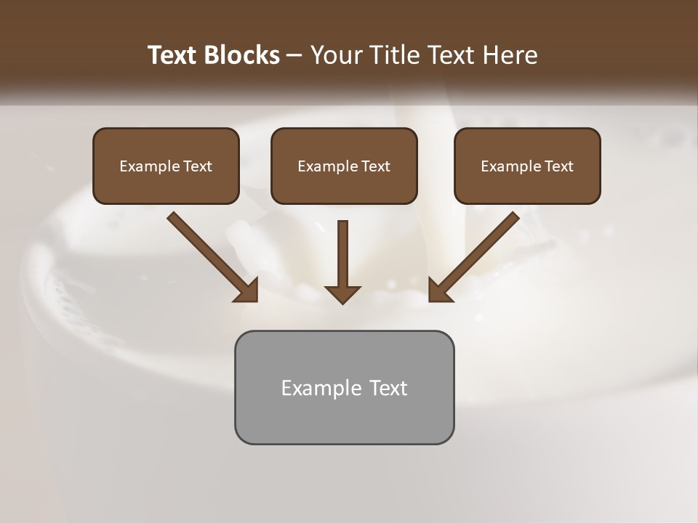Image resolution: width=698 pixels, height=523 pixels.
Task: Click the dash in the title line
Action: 294,56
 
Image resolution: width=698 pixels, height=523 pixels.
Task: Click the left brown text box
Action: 166,166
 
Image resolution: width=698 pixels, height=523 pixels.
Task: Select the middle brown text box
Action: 344,166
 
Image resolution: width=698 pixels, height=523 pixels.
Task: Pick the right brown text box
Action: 527,166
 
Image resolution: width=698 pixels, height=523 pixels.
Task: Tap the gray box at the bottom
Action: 344,387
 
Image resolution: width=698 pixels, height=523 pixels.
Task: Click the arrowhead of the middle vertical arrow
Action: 342,293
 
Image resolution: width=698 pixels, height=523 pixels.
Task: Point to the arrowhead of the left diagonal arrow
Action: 247,291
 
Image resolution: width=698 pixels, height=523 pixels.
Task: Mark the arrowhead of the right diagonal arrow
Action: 439,291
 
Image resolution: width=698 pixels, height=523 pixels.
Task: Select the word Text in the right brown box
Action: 559,166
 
